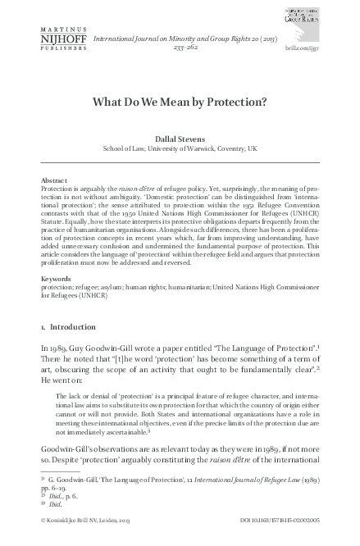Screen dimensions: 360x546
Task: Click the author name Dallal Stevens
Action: (x=180, y=139)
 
